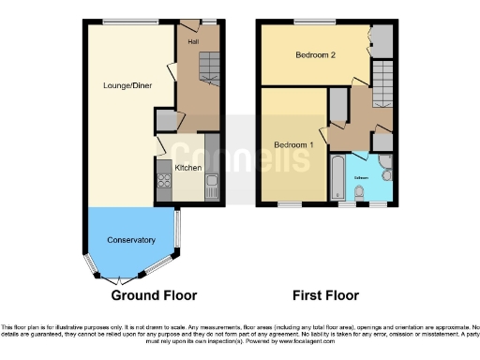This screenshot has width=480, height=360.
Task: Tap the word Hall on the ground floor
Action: point(193,42)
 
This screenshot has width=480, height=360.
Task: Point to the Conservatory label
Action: point(130,240)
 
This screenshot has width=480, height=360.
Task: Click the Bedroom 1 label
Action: point(293,144)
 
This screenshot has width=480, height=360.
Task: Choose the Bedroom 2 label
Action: point(315,55)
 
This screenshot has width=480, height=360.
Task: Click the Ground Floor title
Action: point(154,295)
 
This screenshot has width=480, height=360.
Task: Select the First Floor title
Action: point(325,295)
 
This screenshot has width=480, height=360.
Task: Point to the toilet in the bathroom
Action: point(360,193)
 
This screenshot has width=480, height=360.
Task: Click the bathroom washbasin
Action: point(384,174)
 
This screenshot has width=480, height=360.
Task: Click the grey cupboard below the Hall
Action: point(166,120)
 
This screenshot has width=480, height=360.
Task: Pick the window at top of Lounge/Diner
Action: point(117,22)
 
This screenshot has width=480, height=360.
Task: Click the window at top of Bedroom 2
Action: point(307,22)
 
